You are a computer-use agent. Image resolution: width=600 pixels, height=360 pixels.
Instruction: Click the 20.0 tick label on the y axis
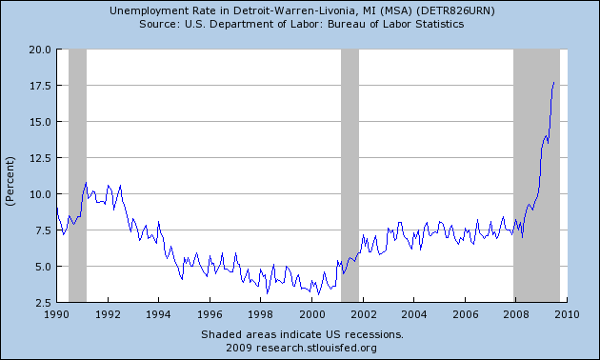coord(39,50)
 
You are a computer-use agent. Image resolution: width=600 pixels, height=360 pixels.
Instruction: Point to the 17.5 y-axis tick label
coord(39,86)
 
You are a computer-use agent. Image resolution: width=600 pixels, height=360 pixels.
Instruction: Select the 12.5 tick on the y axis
coord(39,158)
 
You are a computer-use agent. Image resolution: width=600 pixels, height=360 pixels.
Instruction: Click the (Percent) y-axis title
coord(11,177)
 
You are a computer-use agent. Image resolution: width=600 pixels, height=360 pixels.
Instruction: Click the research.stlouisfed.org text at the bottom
coord(330,347)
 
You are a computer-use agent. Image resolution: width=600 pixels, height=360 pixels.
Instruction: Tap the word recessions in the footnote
coord(373,334)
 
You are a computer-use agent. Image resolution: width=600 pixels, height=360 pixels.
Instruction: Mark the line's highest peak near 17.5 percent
coord(553,82)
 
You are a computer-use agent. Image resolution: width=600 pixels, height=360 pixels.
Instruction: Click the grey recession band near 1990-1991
coord(77,176)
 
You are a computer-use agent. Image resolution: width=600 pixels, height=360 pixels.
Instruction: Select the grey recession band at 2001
coord(350,176)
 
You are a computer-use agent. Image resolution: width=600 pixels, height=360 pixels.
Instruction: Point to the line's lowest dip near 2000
coord(318,294)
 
